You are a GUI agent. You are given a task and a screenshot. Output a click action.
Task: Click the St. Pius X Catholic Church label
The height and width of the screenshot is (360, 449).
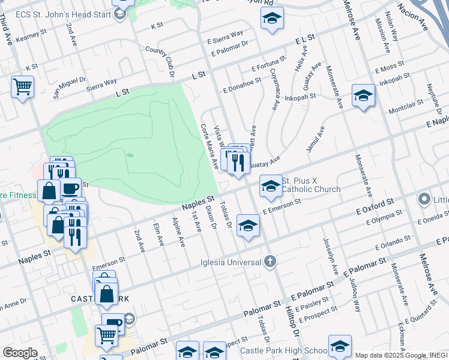pos(311,185)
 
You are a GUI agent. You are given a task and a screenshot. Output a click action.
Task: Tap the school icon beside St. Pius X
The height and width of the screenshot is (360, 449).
pos(271,186)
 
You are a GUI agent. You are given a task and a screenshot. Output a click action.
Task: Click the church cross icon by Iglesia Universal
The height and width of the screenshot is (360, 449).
pos(270,261)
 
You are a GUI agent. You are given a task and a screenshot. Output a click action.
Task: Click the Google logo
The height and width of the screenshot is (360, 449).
pos(19,353)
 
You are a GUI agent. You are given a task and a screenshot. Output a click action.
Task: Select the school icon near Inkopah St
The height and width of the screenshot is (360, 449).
pos(363,95)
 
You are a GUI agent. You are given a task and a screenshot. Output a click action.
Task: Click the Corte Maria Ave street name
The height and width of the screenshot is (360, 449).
pos(209,146)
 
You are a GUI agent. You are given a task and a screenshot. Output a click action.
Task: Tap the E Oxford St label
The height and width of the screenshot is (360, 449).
pos(373,206)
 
